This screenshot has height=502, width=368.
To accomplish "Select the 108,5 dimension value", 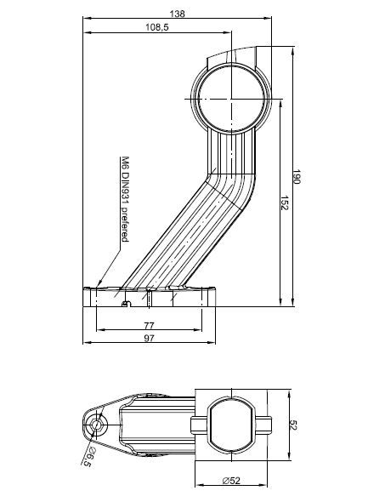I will click(x=157, y=28).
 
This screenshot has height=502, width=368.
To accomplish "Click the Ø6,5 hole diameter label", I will click(x=88, y=459).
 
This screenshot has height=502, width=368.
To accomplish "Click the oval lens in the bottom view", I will click(x=229, y=424).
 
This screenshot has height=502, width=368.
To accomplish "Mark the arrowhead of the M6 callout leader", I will click(x=99, y=287).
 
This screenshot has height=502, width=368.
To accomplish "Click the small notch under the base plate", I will click(x=125, y=304).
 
